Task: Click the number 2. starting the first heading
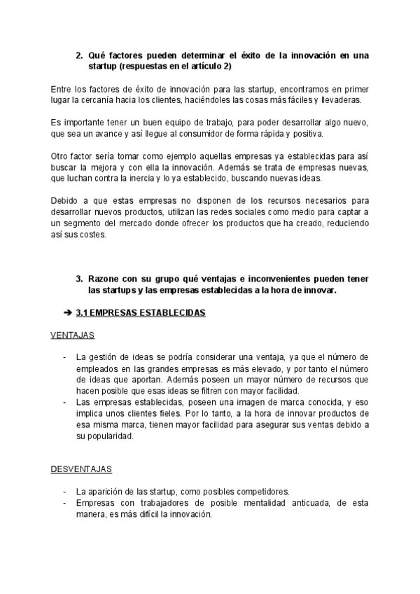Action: [x=79, y=55]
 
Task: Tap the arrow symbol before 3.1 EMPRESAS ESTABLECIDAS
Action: [x=68, y=313]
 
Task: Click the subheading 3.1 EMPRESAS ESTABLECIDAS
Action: [x=141, y=313]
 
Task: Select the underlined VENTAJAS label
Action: [x=72, y=336]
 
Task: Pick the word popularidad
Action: [x=107, y=435]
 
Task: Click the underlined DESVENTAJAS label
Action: [x=81, y=468]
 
